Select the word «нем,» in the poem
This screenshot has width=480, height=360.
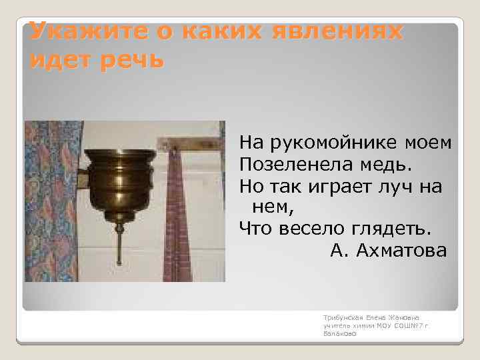[273, 207]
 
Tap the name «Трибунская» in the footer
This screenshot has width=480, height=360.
[339, 319]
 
